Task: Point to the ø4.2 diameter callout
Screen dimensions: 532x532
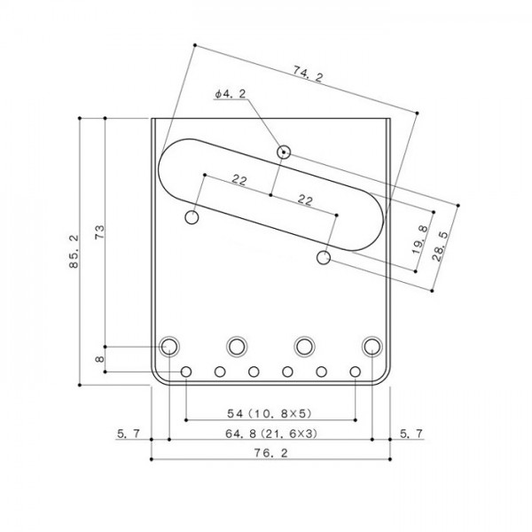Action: click(x=229, y=93)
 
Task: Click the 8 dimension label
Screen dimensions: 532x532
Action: click(x=99, y=359)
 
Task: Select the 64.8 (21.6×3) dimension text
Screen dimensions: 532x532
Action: click(x=270, y=434)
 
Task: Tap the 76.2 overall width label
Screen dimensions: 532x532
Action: click(x=270, y=453)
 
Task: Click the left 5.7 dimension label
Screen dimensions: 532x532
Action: click(x=128, y=434)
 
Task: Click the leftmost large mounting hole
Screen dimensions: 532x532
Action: click(x=168, y=345)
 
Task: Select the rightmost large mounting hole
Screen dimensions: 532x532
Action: click(x=372, y=345)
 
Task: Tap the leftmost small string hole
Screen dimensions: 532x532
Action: click(x=186, y=371)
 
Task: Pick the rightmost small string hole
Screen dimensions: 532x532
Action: click(x=355, y=371)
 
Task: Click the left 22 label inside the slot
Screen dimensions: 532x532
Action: click(x=239, y=180)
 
